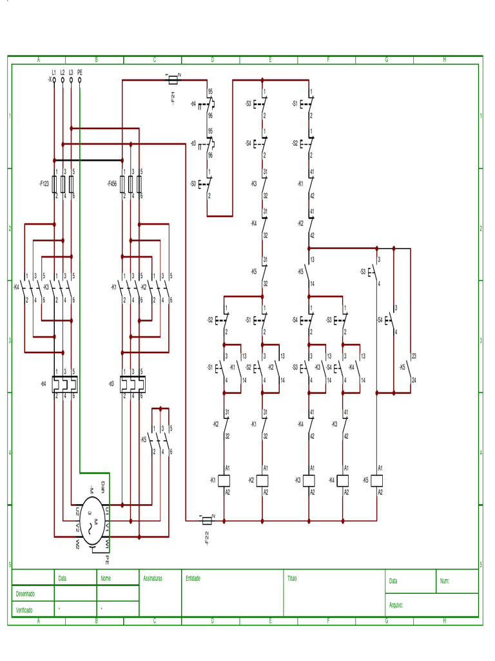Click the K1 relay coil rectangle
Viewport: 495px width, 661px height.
click(x=224, y=480)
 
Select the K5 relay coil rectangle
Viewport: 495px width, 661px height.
click(x=377, y=480)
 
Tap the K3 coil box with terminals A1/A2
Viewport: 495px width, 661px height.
click(x=309, y=480)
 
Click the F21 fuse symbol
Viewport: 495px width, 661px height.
click(x=173, y=81)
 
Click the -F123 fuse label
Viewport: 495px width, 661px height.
click(x=44, y=183)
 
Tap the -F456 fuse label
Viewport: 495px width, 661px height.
click(x=112, y=183)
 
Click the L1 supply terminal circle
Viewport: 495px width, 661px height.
click(x=53, y=81)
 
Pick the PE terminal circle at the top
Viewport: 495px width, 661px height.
click(x=79, y=81)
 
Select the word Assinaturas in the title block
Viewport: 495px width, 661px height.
click(x=153, y=579)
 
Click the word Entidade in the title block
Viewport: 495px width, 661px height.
click(x=193, y=579)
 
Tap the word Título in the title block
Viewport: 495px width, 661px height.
click(x=293, y=579)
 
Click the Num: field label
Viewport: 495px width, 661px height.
click(x=445, y=582)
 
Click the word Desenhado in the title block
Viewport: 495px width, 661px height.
click(x=25, y=594)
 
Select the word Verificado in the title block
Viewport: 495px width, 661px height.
click(x=25, y=610)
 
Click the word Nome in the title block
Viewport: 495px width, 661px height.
click(x=106, y=579)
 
